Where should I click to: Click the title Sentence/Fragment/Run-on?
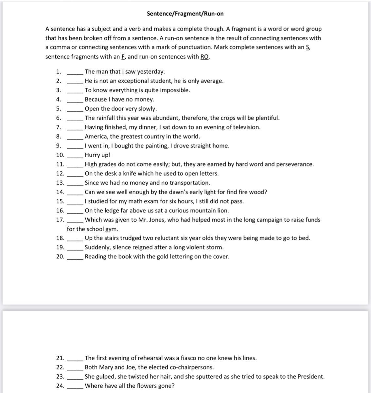(185, 14)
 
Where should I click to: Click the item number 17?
(60, 220)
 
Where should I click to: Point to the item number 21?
(60, 358)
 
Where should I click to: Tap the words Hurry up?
(97, 155)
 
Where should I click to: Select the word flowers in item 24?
(144, 386)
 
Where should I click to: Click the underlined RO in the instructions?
(204, 57)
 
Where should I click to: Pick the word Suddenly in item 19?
(97, 248)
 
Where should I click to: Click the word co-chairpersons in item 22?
(191, 367)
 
